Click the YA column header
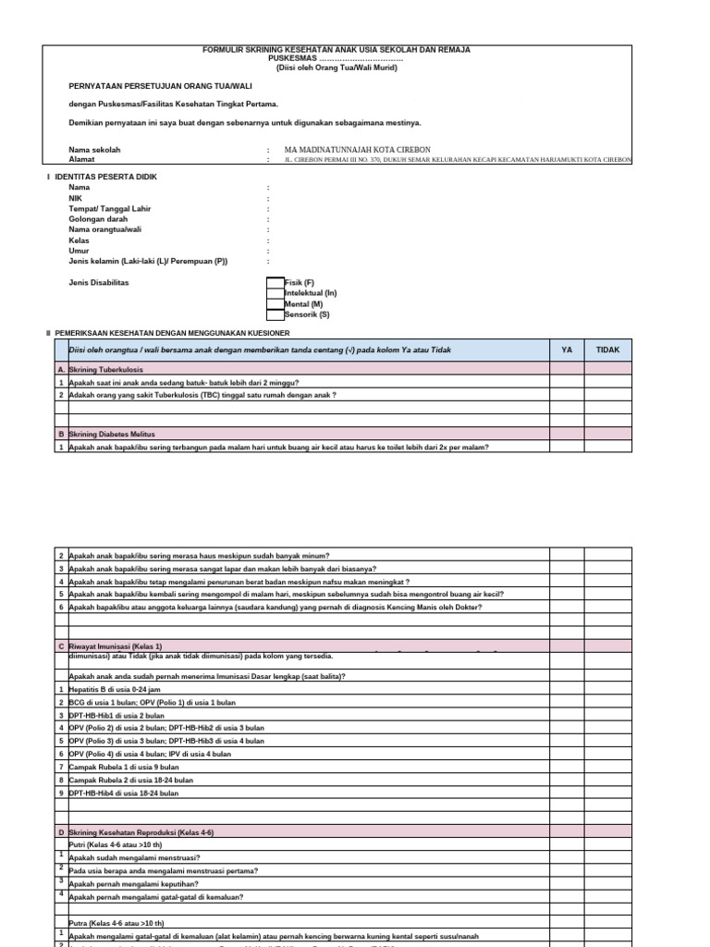coord(567,350)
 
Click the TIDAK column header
coord(607,350)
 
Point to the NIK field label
coord(76,198)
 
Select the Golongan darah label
coord(98,219)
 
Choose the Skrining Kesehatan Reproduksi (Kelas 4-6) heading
coord(141,832)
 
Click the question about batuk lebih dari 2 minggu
coord(184,382)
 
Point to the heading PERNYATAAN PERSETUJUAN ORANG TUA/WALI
coord(153,84)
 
